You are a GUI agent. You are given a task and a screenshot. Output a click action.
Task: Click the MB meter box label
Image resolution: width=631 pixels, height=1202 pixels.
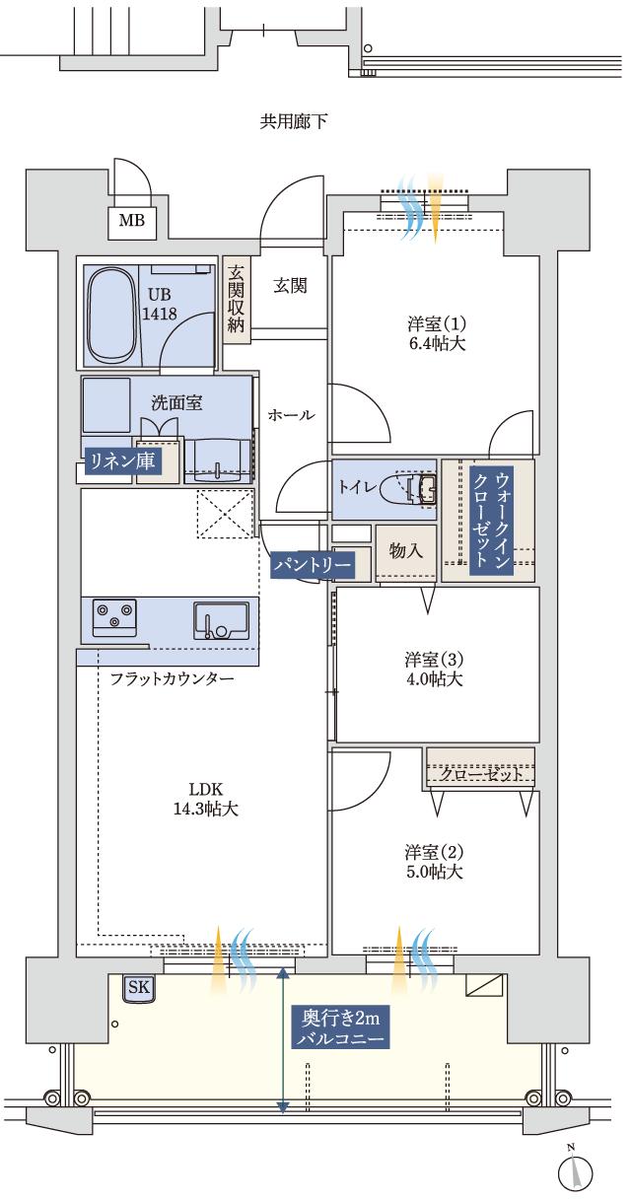pos(131,221)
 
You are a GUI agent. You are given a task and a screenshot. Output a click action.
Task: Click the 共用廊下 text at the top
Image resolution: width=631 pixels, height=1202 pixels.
pos(293,122)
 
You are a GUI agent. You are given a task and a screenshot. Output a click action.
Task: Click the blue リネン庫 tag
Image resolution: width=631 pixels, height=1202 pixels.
pos(122,462)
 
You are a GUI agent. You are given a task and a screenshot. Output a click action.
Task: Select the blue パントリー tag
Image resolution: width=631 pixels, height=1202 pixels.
pos(313,564)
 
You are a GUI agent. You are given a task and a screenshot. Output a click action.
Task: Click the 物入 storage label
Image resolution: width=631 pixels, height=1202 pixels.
pos(406,551)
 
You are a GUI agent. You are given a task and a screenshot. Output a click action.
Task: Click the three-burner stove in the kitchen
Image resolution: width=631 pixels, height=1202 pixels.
pos(115,616)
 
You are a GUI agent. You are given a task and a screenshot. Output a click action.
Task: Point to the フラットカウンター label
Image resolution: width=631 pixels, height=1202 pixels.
pos(172,680)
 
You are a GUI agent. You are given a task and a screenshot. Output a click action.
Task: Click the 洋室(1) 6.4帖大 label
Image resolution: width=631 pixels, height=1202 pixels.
pos(435,334)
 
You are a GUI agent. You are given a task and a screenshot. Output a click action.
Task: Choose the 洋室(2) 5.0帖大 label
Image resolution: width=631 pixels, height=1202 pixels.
pos(433,862)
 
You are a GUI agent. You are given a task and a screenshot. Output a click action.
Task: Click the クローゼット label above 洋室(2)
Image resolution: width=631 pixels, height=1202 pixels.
pos(481,775)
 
